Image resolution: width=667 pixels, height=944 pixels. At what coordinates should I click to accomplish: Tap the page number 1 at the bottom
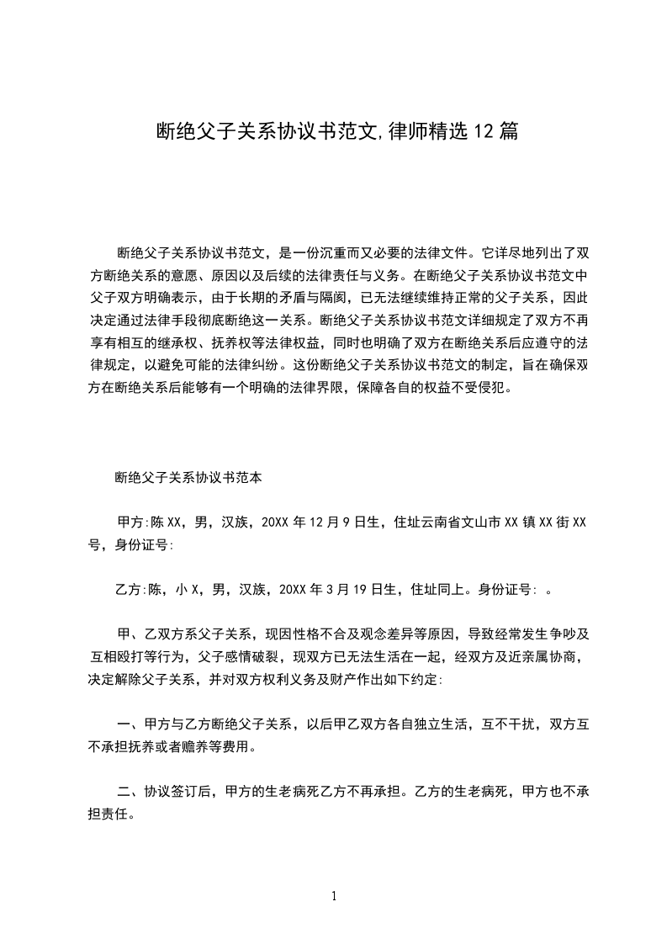pyautogui.click(x=334, y=895)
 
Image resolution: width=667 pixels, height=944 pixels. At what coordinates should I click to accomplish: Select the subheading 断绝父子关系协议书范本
pyautogui.click(x=189, y=477)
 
